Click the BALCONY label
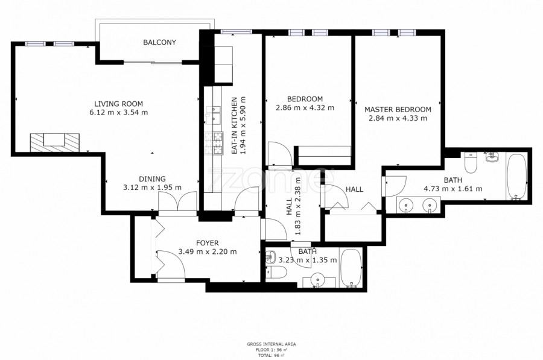[x=160, y=42]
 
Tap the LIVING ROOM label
[x=118, y=104]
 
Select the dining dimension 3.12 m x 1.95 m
[x=153, y=188]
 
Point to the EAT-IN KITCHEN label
[x=235, y=125]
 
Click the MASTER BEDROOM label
[x=398, y=109]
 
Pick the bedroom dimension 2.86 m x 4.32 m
[x=305, y=108]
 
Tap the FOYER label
[x=208, y=243]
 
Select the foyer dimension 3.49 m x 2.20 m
[x=208, y=251]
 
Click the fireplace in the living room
[x=55, y=142]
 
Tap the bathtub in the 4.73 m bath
[x=516, y=177]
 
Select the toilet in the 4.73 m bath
[x=471, y=162]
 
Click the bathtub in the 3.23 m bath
[x=351, y=268]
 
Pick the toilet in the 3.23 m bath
[x=277, y=273]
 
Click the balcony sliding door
[x=153, y=62]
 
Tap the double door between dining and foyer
[x=177, y=202]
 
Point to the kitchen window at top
[x=237, y=31]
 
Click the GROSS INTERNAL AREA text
[x=271, y=344]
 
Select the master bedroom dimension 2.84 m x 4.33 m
[x=398, y=118]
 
